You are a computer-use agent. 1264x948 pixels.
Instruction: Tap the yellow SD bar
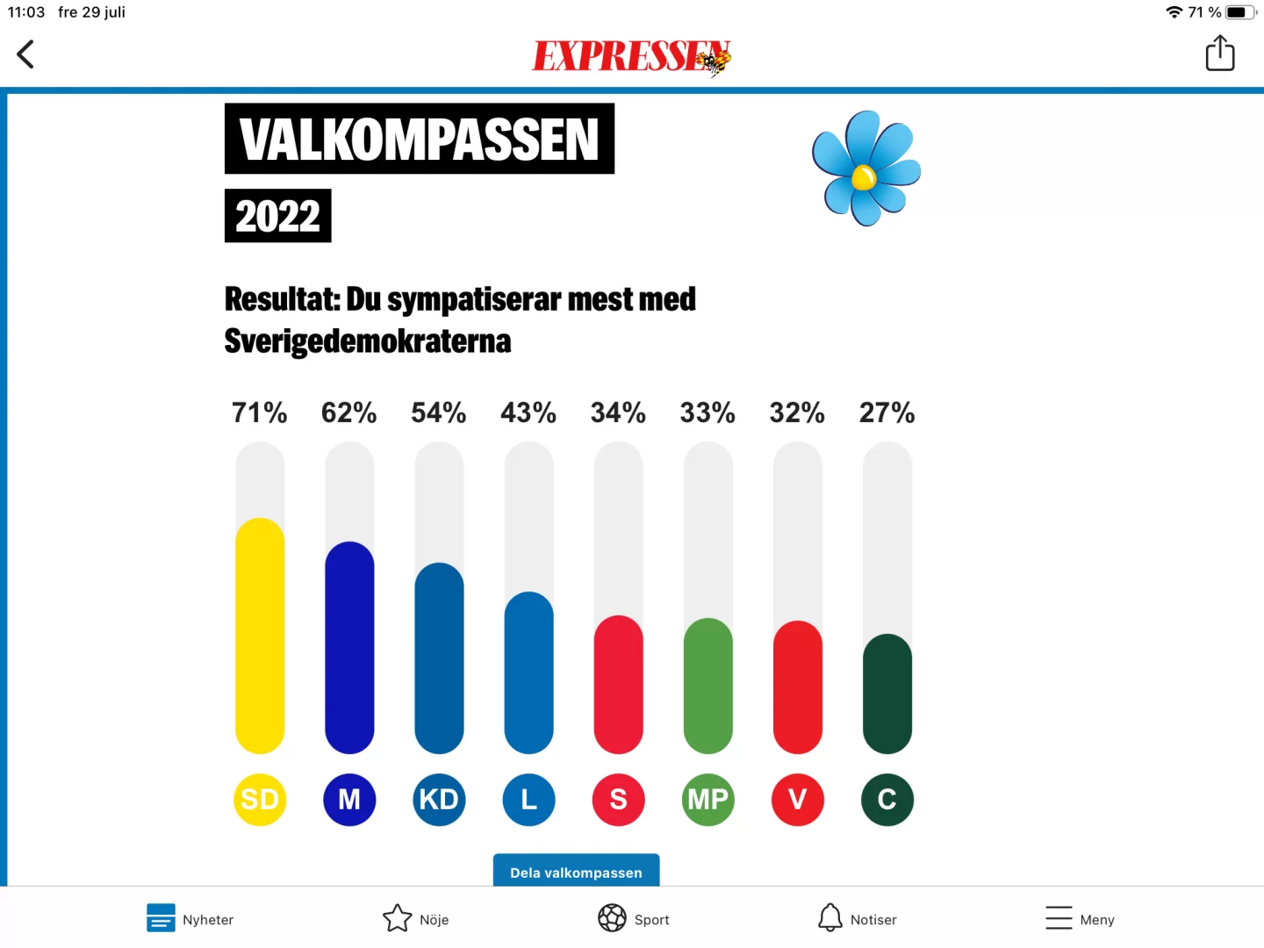(260, 636)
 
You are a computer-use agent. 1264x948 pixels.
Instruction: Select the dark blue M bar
(349, 648)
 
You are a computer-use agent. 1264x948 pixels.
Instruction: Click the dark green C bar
(887, 693)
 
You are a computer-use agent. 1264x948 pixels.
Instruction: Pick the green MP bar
(707, 686)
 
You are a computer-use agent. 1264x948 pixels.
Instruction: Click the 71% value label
(259, 413)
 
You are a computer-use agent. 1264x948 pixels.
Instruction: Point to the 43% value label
(528, 413)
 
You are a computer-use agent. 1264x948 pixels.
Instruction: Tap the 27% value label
(887, 413)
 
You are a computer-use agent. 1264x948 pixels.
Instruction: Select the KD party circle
(439, 800)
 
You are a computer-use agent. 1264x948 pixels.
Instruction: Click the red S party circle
(618, 800)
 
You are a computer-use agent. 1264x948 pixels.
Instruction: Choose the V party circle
(797, 800)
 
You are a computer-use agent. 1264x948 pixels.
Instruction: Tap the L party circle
(528, 800)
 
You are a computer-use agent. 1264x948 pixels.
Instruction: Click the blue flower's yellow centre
(864, 178)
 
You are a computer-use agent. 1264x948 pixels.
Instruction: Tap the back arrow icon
(25, 54)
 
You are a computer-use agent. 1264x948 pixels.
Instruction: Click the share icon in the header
(1219, 54)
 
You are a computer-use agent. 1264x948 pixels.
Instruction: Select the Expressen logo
(631, 57)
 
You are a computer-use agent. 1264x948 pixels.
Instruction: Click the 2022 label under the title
(277, 216)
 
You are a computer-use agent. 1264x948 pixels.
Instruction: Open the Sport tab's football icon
(612, 918)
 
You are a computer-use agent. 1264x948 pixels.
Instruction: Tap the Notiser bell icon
(829, 918)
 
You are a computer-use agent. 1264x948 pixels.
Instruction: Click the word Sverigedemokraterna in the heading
(368, 341)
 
